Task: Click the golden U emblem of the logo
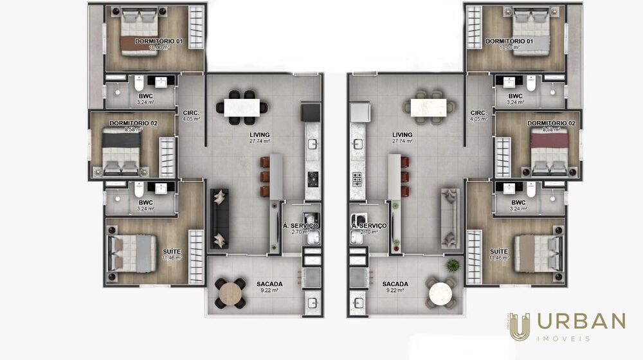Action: click(x=520, y=327)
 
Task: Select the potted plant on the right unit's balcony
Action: click(x=455, y=265)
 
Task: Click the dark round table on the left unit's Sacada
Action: click(x=230, y=293)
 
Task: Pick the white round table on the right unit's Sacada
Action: click(x=441, y=292)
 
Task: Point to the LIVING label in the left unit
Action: click(x=242, y=134)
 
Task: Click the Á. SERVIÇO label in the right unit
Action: click(x=369, y=226)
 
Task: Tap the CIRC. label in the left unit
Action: click(x=191, y=113)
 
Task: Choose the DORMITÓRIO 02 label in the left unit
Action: click(x=133, y=123)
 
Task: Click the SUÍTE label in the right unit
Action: click(x=498, y=251)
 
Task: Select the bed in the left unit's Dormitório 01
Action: click(x=140, y=32)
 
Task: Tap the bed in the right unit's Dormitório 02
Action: click(x=549, y=152)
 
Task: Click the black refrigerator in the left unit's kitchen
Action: click(x=310, y=113)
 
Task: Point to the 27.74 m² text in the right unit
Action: click(x=403, y=141)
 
